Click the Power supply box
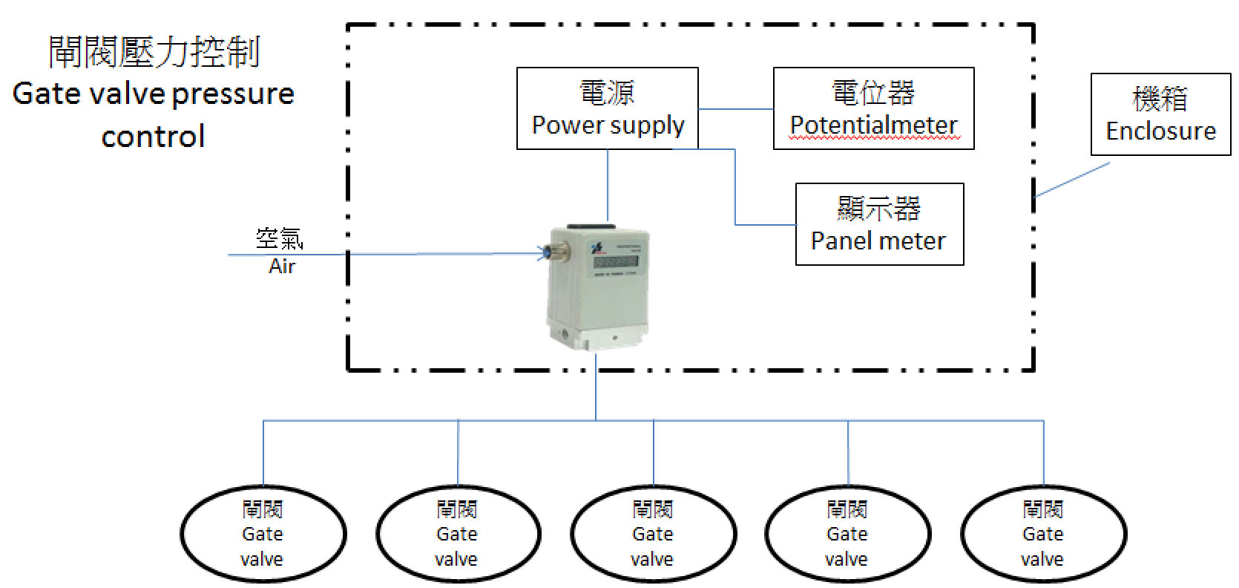coord(607,108)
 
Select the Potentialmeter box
coord(873,108)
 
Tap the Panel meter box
coord(879,224)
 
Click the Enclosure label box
coord(1160,114)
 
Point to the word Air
coord(282,266)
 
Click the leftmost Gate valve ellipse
coord(263,534)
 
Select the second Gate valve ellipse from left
coord(457,534)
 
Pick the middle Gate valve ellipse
coord(653,534)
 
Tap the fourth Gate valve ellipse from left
coord(847,534)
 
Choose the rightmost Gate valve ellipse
coord(1042,534)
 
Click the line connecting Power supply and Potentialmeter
coord(735,109)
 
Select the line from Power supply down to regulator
coord(608,186)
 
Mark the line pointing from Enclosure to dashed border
coord(1072,180)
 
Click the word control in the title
coord(153,137)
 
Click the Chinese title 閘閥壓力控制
coord(154,52)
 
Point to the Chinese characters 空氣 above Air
coord(280,238)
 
